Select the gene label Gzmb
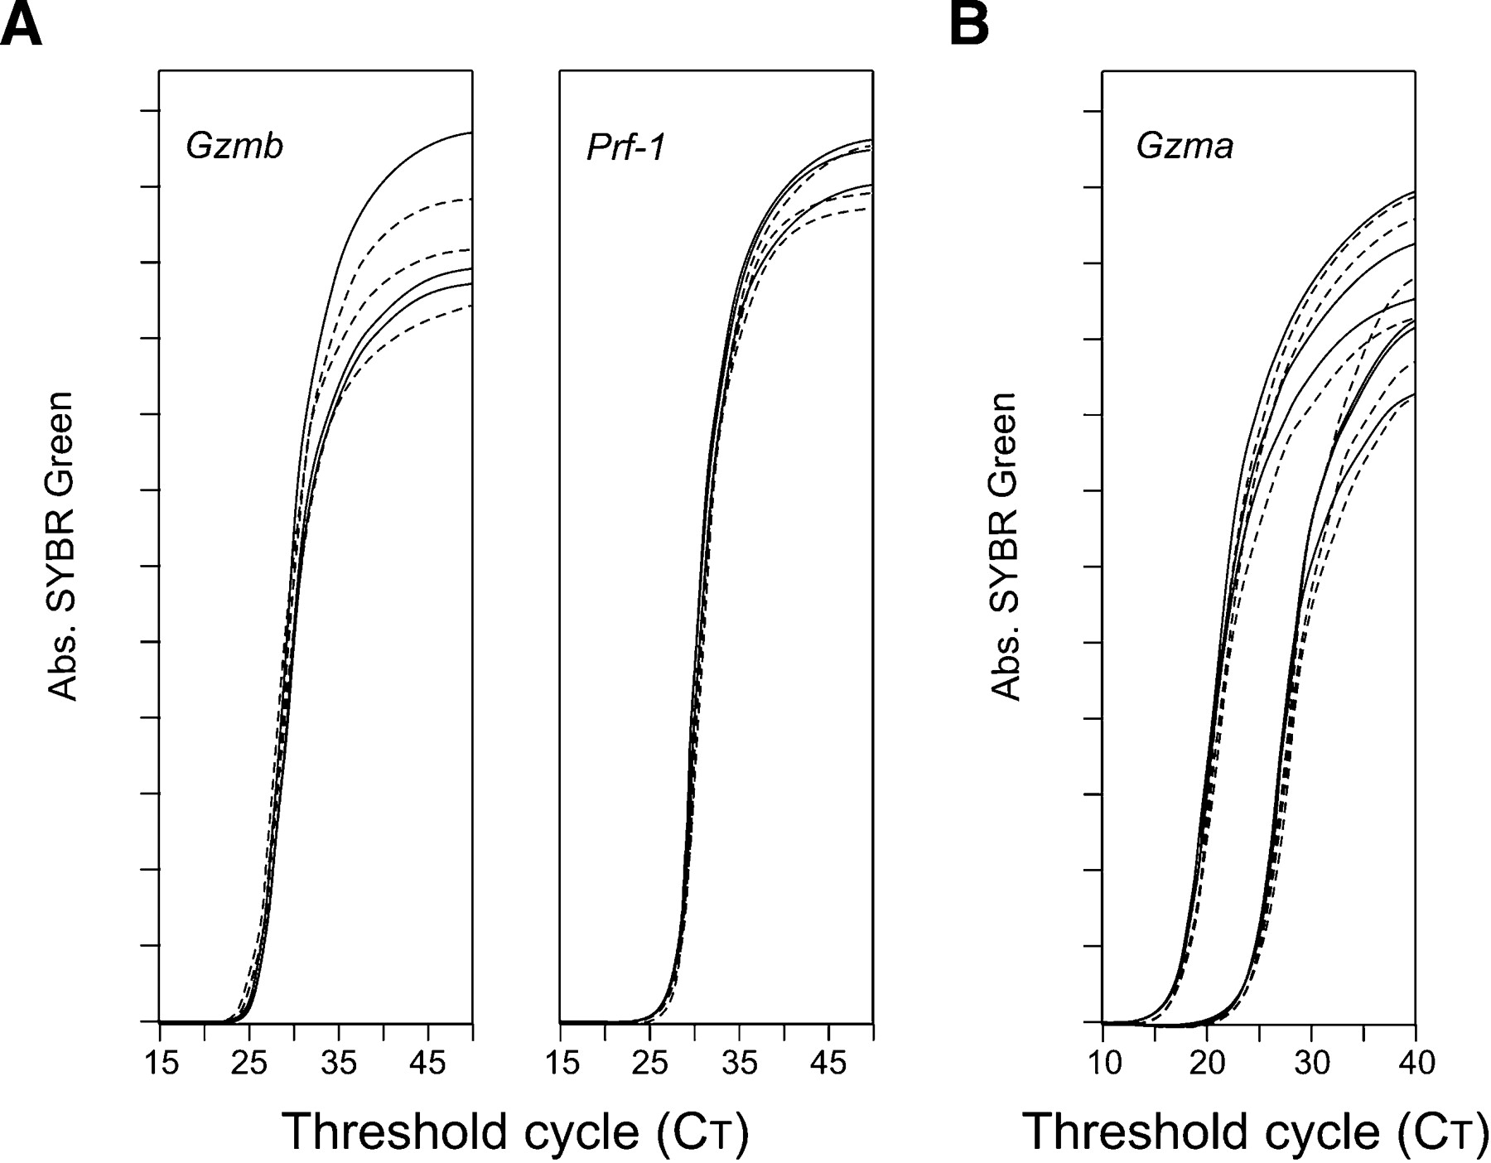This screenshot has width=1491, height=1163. [x=234, y=147]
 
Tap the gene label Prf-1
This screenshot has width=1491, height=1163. [x=625, y=148]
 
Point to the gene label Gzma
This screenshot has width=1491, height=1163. [x=1185, y=147]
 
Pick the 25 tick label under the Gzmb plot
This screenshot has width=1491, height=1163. [x=249, y=1063]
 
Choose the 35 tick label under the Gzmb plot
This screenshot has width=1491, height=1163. [x=339, y=1063]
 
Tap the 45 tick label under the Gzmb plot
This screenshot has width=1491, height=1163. [x=427, y=1063]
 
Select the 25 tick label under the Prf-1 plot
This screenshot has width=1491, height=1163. [x=650, y=1063]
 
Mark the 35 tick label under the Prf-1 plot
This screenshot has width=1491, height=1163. [x=740, y=1063]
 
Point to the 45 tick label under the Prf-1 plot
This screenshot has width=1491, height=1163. [x=828, y=1063]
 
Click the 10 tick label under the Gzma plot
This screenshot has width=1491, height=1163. [x=1103, y=1063]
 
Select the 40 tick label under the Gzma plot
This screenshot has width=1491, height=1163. [x=1416, y=1063]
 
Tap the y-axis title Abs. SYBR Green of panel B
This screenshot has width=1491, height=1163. [x=1004, y=547]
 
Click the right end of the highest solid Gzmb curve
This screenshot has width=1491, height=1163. [x=470, y=133]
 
